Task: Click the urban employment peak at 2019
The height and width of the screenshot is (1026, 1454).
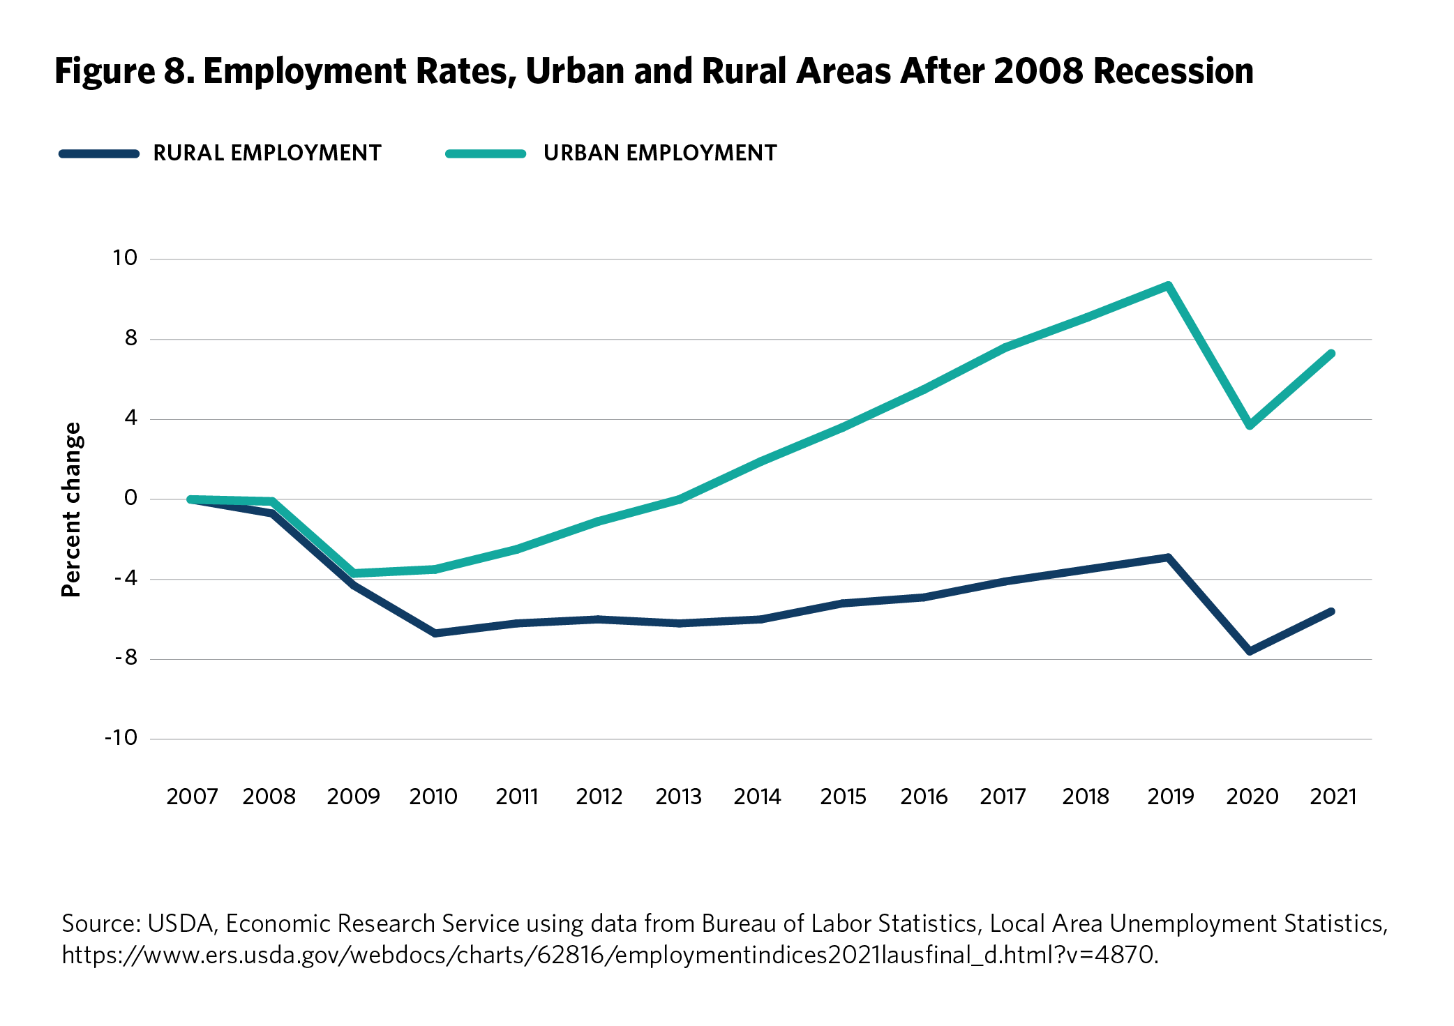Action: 1168,285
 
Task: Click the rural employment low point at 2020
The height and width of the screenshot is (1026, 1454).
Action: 1250,651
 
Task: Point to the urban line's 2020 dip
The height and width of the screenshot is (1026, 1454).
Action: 1250,425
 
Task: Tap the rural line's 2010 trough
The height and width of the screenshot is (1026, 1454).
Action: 435,633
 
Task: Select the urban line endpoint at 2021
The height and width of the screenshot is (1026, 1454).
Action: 1332,354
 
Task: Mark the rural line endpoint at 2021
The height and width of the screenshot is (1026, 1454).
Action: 1332,612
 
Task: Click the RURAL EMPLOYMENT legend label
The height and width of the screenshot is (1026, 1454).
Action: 267,153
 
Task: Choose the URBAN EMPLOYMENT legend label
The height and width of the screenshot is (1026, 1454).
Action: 660,153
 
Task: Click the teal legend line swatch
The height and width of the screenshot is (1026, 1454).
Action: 486,153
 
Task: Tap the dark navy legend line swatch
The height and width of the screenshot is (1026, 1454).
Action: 99,153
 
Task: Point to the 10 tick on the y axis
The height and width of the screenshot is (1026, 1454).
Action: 126,258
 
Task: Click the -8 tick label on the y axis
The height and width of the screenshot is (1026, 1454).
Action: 126,658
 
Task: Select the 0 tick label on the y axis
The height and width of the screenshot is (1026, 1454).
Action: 130,498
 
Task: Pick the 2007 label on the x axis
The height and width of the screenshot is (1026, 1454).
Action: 192,797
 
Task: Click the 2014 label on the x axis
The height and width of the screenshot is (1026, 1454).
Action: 757,797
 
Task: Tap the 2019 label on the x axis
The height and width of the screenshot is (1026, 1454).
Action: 1170,797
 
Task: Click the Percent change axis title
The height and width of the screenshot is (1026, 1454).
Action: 72,510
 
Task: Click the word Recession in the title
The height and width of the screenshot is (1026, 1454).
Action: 1174,71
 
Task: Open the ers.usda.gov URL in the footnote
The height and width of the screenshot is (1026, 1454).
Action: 609,955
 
